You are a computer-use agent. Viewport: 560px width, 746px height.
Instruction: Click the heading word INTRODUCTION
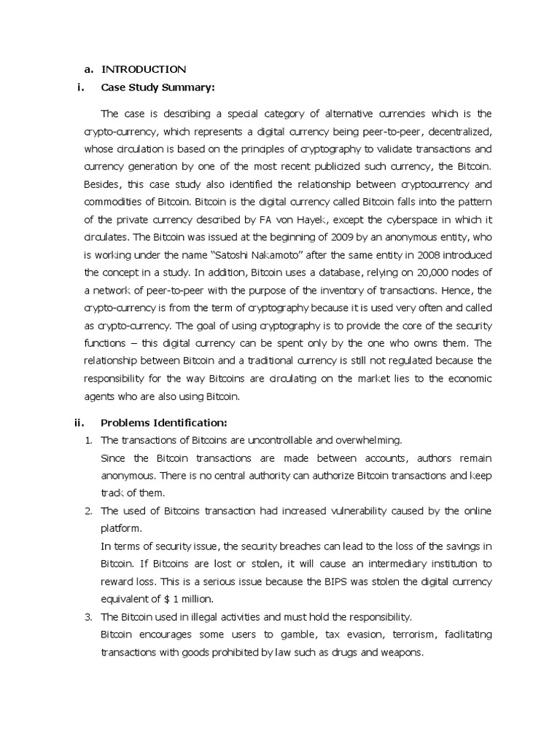pyautogui.click(x=144, y=69)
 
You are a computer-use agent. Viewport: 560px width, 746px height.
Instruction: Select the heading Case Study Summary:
pyautogui.click(x=157, y=88)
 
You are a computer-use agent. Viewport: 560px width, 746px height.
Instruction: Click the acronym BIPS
pyautogui.click(x=343, y=581)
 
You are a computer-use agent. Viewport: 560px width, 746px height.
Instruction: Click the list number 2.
pyautogui.click(x=87, y=511)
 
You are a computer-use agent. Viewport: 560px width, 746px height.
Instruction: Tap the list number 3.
pyautogui.click(x=87, y=616)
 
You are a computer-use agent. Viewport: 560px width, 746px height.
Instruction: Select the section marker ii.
pyautogui.click(x=80, y=423)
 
